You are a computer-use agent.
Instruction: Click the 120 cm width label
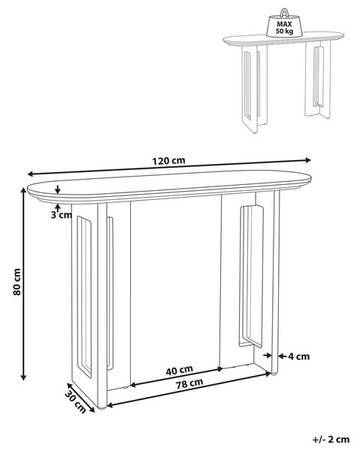[169, 161]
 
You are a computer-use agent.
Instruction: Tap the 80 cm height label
[17, 282]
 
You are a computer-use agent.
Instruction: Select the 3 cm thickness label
[61, 214]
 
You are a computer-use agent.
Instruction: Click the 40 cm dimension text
[180, 370]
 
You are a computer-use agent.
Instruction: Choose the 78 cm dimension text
[189, 383]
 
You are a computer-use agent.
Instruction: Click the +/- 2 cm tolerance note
[331, 439]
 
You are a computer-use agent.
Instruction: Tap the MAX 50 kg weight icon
[284, 25]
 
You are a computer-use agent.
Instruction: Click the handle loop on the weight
[284, 12]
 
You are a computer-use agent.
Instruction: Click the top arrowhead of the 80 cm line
[24, 189]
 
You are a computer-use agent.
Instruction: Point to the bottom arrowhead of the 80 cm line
[24, 377]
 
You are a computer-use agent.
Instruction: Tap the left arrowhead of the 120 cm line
[31, 174]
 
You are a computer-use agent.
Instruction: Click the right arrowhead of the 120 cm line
[308, 160]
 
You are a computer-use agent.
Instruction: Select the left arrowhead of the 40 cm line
[134, 385]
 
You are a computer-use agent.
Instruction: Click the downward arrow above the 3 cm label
[58, 190]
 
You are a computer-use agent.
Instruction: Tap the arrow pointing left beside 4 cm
[283, 356]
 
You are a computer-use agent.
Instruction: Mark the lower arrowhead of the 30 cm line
[92, 410]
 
